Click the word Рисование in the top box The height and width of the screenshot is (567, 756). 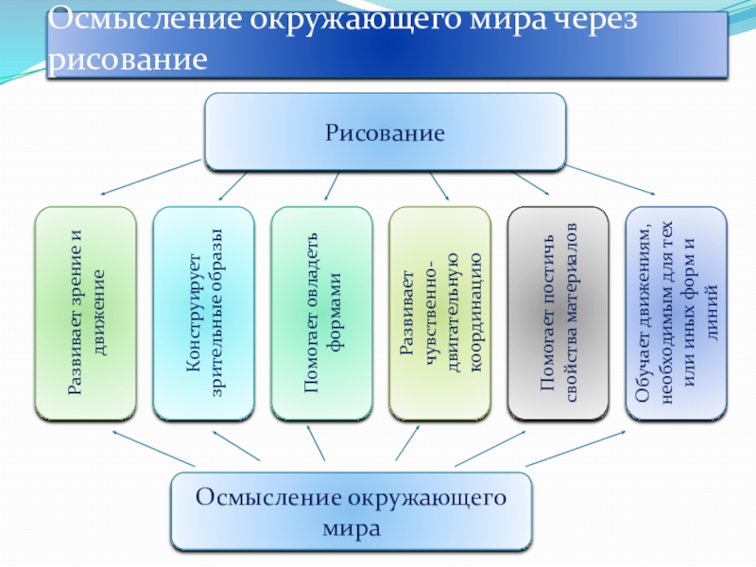[x=385, y=132]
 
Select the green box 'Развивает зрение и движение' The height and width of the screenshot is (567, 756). [x=86, y=313]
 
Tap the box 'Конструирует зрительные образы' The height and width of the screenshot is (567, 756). [x=203, y=313]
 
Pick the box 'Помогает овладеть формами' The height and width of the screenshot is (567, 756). [x=321, y=313]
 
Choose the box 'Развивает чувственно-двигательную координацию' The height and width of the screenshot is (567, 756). [x=439, y=313]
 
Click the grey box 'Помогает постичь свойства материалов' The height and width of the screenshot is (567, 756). [x=558, y=313]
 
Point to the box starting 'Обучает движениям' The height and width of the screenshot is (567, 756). [x=677, y=313]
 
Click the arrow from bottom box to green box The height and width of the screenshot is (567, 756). [x=151, y=448]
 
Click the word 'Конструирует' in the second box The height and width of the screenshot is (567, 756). [x=191, y=313]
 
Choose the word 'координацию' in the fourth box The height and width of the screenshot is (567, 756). [x=476, y=313]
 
